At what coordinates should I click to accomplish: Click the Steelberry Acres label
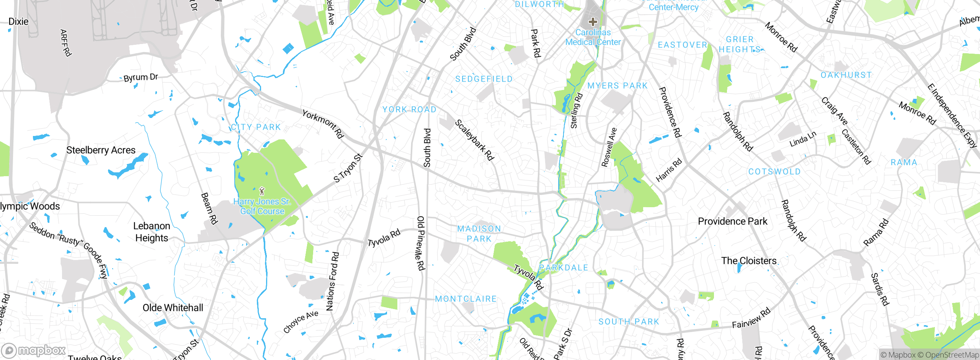(x=101, y=150)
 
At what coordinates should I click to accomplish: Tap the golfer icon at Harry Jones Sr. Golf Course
(x=262, y=191)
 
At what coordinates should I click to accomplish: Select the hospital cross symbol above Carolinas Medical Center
(x=593, y=22)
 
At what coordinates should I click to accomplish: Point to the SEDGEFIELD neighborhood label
(x=484, y=79)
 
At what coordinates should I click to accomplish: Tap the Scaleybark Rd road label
(x=474, y=140)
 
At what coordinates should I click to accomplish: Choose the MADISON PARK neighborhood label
(x=479, y=234)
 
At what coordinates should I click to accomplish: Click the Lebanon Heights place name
(x=152, y=232)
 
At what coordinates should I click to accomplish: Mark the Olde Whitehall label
(x=173, y=308)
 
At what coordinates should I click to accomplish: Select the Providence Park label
(x=732, y=221)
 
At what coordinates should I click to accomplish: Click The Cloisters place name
(x=749, y=261)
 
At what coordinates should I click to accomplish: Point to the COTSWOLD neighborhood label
(x=774, y=172)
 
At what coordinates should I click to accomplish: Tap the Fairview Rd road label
(x=751, y=318)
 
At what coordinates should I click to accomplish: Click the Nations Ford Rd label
(x=332, y=281)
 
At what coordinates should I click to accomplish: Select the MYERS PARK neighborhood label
(x=617, y=86)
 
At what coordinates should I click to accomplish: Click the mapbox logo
(x=34, y=350)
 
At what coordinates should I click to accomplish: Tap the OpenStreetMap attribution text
(x=952, y=355)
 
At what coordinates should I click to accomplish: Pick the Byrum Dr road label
(x=140, y=77)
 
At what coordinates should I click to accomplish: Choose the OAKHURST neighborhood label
(x=846, y=75)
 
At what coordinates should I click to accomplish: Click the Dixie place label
(x=18, y=21)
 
